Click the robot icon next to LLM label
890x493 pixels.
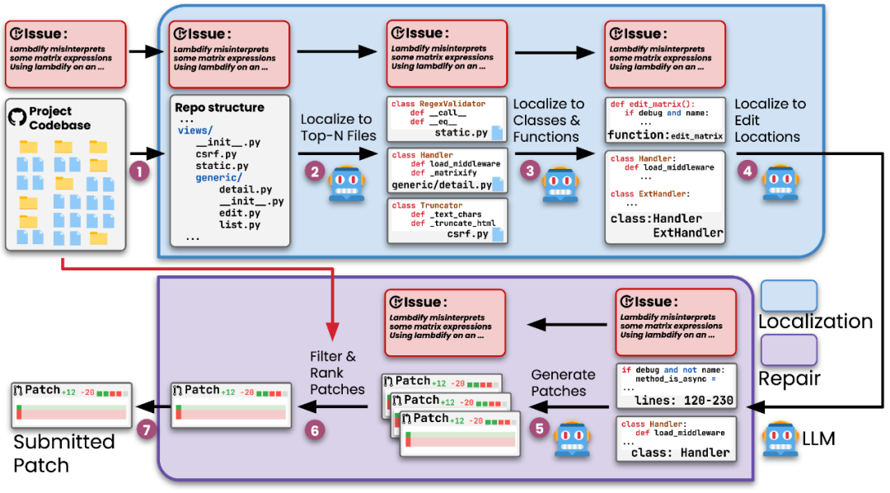(x=780, y=437)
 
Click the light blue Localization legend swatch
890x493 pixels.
(x=789, y=296)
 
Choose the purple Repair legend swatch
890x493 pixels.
(x=789, y=349)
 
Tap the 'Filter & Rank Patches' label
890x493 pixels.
(x=337, y=372)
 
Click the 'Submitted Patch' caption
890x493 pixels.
(x=63, y=453)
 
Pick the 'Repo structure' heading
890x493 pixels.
(x=219, y=107)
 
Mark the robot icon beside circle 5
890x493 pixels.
(x=569, y=439)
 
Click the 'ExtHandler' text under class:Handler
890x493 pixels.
(x=688, y=232)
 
